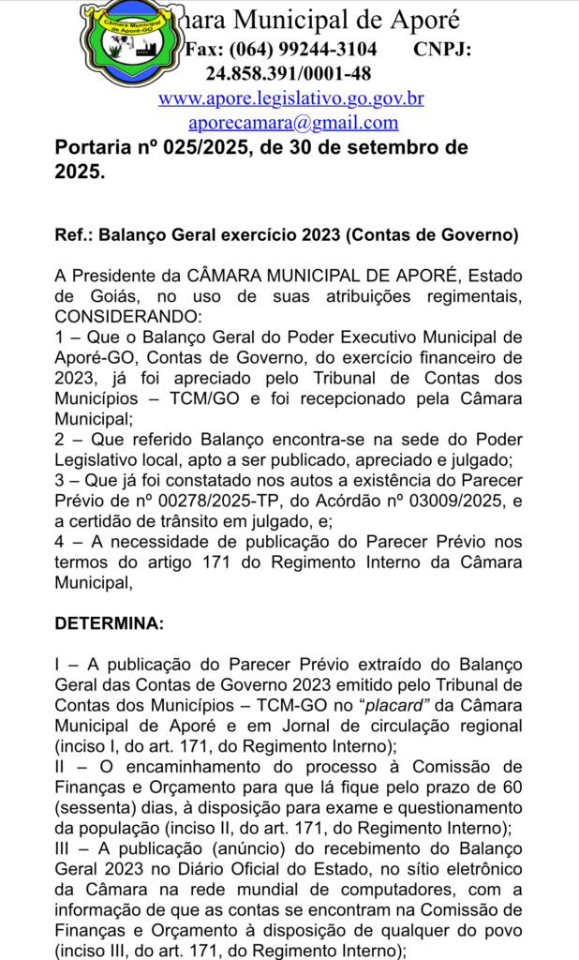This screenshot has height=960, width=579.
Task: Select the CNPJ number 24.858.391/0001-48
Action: (289, 74)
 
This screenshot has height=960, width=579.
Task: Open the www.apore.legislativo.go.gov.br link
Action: (290, 98)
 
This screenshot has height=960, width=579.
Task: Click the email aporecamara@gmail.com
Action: (292, 122)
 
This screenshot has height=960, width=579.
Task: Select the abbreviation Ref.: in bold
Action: (74, 235)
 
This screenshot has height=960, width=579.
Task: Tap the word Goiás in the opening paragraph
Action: (111, 296)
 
